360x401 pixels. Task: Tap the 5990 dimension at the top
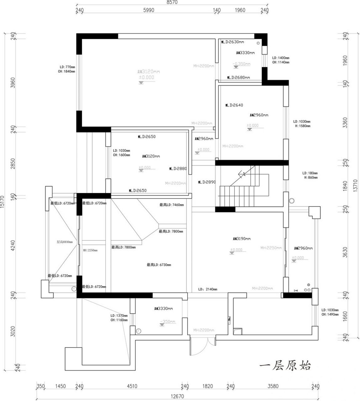pos(149,10)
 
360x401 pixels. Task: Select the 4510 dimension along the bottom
pos(132,386)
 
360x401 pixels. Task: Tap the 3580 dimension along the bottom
pos(273,386)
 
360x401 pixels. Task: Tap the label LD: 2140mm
pos(208,289)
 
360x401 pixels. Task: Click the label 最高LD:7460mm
pos(171,205)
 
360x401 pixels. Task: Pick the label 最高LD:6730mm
pos(159,265)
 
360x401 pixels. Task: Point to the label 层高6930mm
pos(65,242)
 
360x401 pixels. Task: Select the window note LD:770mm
pos(67,67)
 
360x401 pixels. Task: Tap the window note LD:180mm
pos(310,173)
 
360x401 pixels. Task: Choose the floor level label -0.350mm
pos(242,64)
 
